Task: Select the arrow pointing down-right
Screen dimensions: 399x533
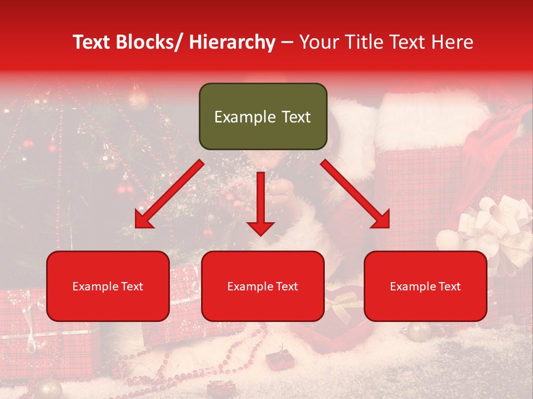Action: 355,194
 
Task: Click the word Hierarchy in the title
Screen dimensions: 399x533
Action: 232,42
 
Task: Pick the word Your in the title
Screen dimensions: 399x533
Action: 319,42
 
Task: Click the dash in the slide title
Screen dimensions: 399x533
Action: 287,42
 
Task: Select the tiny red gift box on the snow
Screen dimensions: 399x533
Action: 276,360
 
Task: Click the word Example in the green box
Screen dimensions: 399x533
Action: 238,117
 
